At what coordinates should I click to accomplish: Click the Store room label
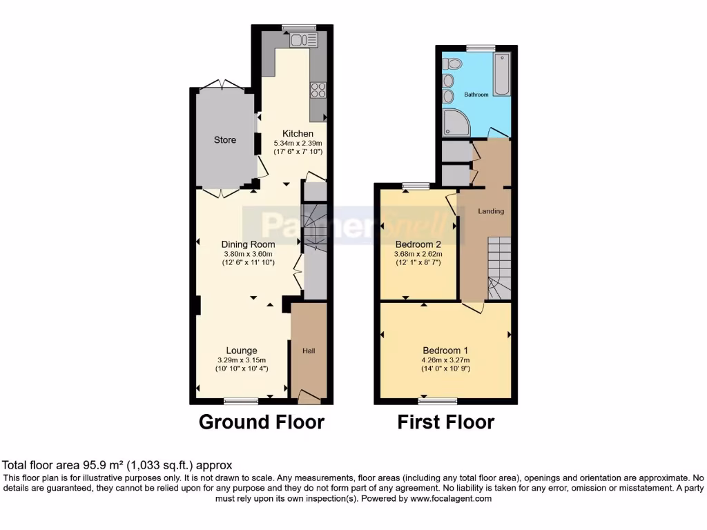pyautogui.click(x=224, y=140)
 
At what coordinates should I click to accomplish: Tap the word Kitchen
pyautogui.click(x=298, y=133)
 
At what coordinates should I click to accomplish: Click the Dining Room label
pyautogui.click(x=248, y=244)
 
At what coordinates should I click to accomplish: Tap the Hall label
pyautogui.click(x=309, y=351)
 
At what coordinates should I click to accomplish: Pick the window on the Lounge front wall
pyautogui.click(x=241, y=400)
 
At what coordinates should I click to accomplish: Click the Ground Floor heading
pyautogui.click(x=261, y=422)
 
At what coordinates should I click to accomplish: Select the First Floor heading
pyautogui.click(x=445, y=422)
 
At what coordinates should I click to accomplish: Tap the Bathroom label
pyautogui.click(x=476, y=95)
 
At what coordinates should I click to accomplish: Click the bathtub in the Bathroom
pyautogui.click(x=502, y=75)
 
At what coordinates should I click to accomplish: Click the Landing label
pyautogui.click(x=491, y=211)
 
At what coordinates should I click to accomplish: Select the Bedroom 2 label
pyautogui.click(x=418, y=244)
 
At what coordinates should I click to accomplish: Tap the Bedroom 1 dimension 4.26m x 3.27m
pyautogui.click(x=446, y=360)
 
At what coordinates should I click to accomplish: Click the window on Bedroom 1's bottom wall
pyautogui.click(x=438, y=401)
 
